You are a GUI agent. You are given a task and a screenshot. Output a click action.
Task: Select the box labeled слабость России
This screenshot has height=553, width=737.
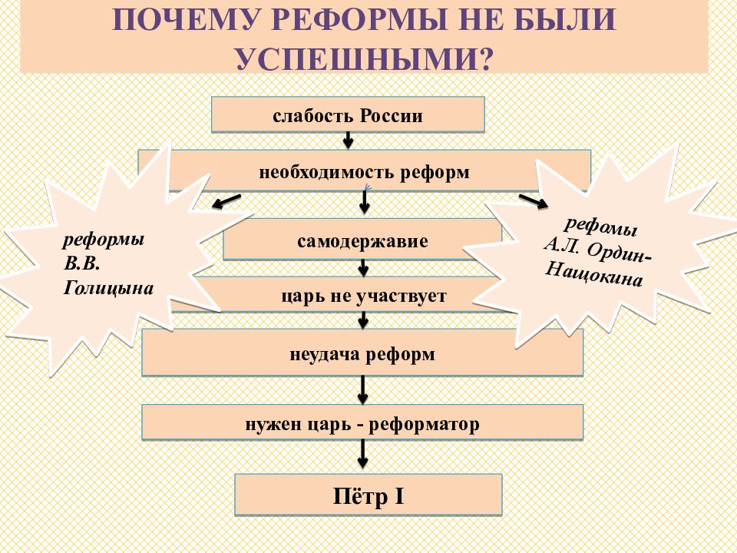[x=348, y=114]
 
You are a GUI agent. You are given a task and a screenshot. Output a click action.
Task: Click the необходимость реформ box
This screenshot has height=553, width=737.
[x=364, y=171]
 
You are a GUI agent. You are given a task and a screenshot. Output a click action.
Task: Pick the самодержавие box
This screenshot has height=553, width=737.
[x=362, y=240]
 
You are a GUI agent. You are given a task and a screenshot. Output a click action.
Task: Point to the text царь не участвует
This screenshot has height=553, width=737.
[x=364, y=296]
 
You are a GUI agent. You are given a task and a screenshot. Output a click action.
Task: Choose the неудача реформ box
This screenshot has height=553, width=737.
[x=362, y=353]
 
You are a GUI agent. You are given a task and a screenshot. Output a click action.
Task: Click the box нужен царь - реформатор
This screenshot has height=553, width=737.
[x=362, y=422]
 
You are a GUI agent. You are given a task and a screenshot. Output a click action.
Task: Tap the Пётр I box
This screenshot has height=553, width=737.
[x=368, y=495]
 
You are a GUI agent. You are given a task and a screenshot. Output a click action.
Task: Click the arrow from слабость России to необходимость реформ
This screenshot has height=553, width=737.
[x=348, y=140]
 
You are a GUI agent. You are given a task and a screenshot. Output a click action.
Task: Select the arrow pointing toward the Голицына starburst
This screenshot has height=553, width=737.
[x=226, y=200]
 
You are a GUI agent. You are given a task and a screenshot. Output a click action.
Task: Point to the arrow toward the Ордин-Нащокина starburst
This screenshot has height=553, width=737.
[x=534, y=200]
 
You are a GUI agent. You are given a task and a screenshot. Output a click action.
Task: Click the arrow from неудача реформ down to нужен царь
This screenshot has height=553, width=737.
[x=362, y=390]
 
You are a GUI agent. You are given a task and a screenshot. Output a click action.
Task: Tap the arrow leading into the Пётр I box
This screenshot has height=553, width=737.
[x=362, y=454]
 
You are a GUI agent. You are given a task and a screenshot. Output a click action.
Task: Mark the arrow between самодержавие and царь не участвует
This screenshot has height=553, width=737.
[x=363, y=268]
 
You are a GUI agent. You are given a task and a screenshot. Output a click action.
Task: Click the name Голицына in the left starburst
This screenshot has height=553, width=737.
[x=108, y=288]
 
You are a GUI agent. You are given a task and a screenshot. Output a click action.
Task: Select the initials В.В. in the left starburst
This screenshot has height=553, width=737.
[x=82, y=263]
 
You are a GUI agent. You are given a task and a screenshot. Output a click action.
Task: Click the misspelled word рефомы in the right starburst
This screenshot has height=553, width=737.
[x=600, y=226]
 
